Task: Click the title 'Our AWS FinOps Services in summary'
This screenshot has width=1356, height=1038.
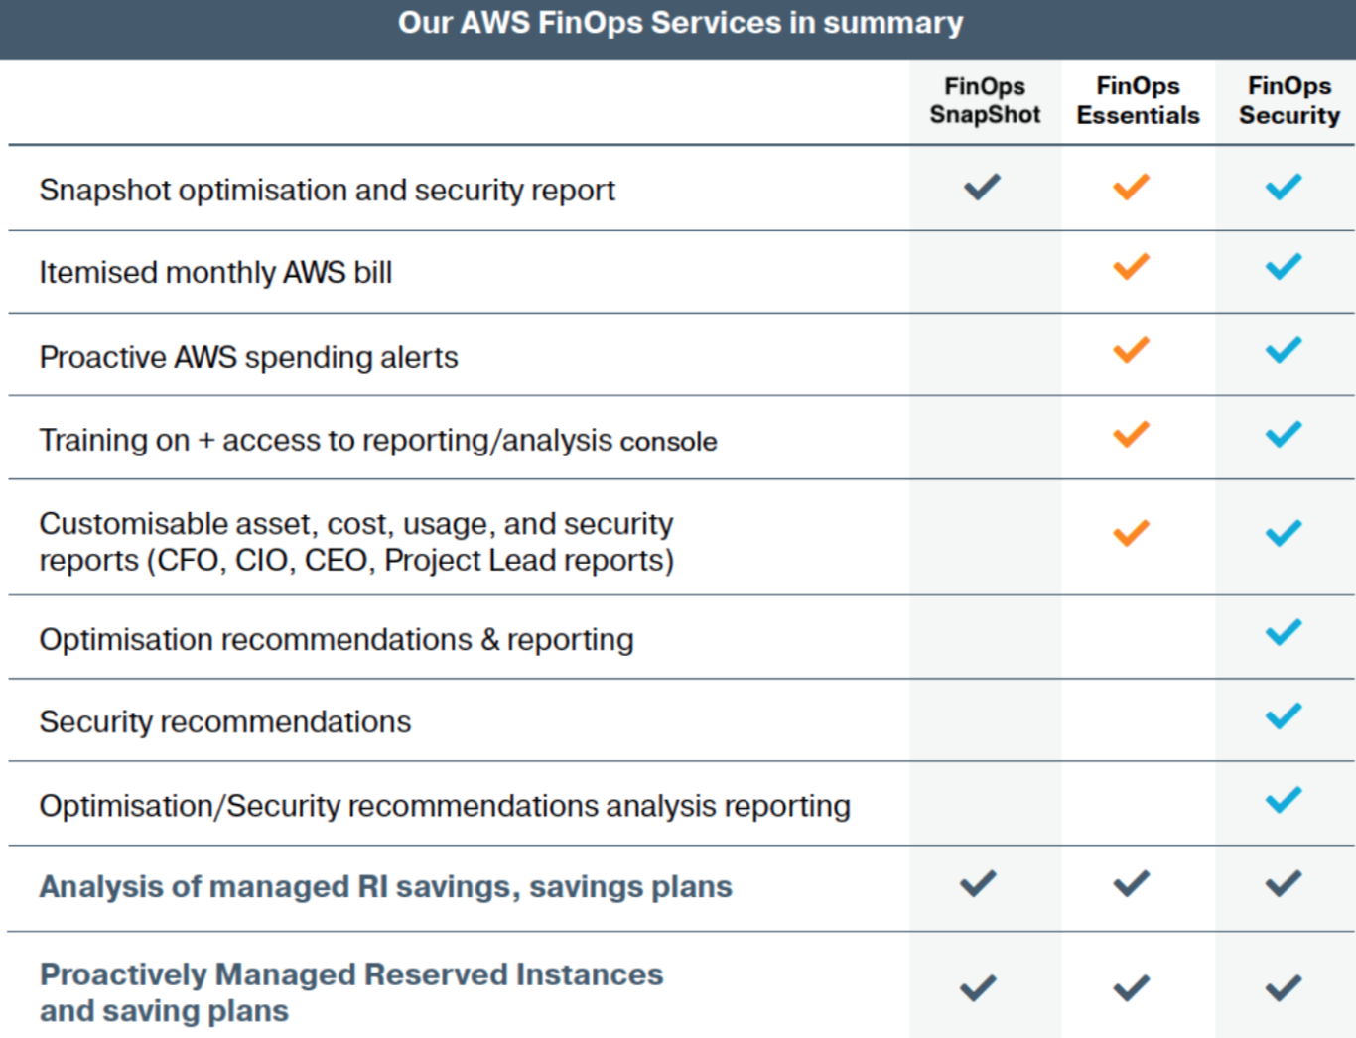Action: pyautogui.click(x=680, y=23)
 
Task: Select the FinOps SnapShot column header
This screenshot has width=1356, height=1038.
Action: pyautogui.click(x=985, y=100)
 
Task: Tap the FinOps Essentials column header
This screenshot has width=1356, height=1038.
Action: pyautogui.click(x=1138, y=100)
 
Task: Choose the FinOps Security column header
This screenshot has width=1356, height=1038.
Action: pyautogui.click(x=1289, y=100)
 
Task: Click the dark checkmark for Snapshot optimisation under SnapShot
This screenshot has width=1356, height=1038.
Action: pyautogui.click(x=982, y=187)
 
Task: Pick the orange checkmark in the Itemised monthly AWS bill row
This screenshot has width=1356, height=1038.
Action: pyautogui.click(x=1131, y=266)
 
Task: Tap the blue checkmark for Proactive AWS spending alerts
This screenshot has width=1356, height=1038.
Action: pyautogui.click(x=1284, y=350)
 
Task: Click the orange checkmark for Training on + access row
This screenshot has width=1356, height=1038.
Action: pyautogui.click(x=1131, y=434)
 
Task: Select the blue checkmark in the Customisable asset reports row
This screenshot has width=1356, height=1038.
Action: pyautogui.click(x=1284, y=533)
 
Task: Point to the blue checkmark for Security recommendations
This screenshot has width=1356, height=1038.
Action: pyautogui.click(x=1284, y=716)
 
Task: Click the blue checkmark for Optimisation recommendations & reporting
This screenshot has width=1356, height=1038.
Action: pyautogui.click(x=1284, y=632)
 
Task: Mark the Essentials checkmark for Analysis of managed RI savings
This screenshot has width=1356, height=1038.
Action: pyautogui.click(x=1131, y=883)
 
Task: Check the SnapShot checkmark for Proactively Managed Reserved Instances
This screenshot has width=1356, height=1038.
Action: pyautogui.click(x=978, y=988)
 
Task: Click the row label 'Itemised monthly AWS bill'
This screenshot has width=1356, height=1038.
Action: pyautogui.click(x=216, y=273)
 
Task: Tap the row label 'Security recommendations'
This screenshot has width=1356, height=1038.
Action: pyautogui.click(x=225, y=722)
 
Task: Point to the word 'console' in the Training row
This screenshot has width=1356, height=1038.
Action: pyautogui.click(x=668, y=442)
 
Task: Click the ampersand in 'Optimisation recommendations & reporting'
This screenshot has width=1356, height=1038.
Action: pyautogui.click(x=490, y=640)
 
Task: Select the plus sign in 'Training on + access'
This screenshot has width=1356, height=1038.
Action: pyautogui.click(x=205, y=441)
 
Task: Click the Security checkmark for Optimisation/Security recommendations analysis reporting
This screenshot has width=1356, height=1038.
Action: pyautogui.click(x=1284, y=800)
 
